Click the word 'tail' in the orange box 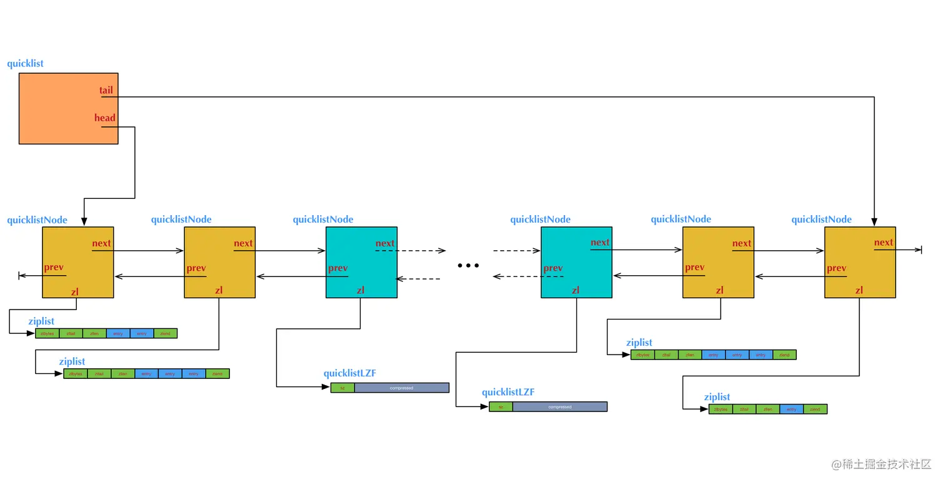(x=106, y=90)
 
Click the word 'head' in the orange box (x=105, y=118)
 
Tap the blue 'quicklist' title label (x=26, y=64)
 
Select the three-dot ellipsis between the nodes (x=468, y=266)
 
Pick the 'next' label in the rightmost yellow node (x=883, y=243)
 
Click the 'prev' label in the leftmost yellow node (x=54, y=268)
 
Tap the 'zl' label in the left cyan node (x=361, y=290)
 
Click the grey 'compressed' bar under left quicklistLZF (x=401, y=388)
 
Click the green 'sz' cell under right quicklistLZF (x=501, y=407)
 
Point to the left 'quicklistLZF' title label (x=349, y=374)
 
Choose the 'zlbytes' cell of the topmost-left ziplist (x=47, y=333)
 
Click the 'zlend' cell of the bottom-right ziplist (x=815, y=410)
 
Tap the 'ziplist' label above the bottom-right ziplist (x=716, y=397)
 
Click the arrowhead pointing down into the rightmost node (x=874, y=221)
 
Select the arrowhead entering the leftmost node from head (x=84, y=221)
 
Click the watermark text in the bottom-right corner (x=882, y=464)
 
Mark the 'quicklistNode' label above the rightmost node (x=821, y=219)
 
